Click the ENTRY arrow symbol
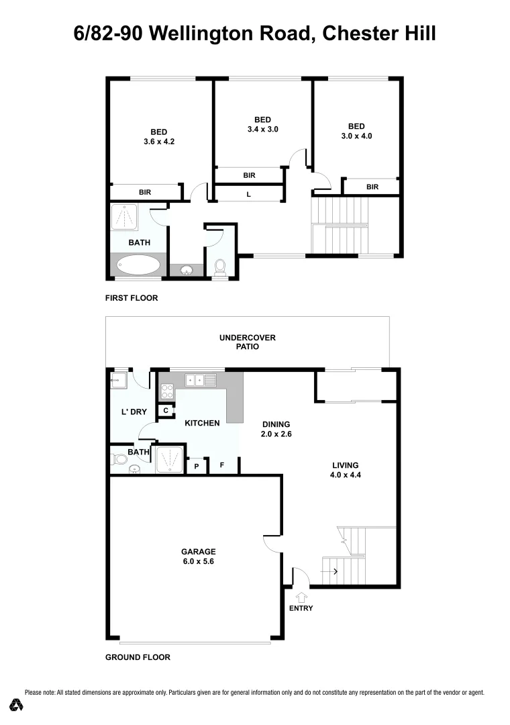tap(301, 595)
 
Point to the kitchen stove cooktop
tap(167, 391)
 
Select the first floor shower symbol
tap(124, 217)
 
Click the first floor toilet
tap(219, 268)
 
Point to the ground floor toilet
tap(119, 461)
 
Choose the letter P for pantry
tap(197, 466)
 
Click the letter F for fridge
tap(222, 465)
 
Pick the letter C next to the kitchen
tap(166, 410)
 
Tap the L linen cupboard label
tap(249, 194)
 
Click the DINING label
tap(276, 424)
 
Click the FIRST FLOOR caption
tap(132, 298)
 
